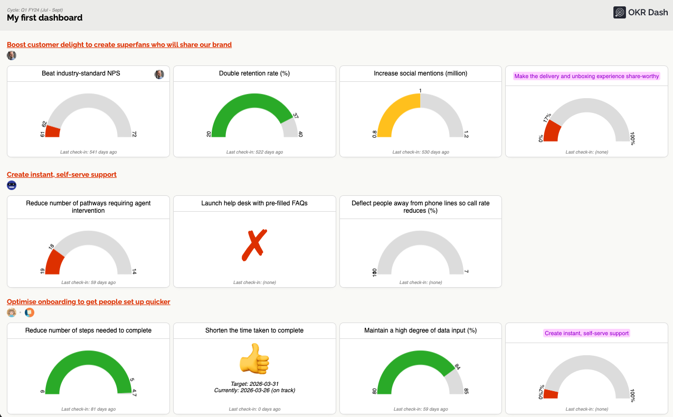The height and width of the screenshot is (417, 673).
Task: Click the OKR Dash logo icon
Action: click(x=619, y=12)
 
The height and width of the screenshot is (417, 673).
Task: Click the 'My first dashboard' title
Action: click(x=44, y=18)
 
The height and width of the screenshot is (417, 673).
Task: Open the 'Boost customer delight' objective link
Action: click(x=119, y=44)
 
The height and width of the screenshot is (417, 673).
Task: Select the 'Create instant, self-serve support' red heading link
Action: click(x=62, y=174)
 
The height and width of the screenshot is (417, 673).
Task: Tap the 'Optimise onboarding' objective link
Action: click(x=89, y=301)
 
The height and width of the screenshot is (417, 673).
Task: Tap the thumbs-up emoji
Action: click(x=254, y=359)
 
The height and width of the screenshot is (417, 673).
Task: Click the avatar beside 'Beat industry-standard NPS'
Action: click(x=159, y=74)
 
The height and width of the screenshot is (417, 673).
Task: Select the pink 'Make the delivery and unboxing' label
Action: click(x=586, y=76)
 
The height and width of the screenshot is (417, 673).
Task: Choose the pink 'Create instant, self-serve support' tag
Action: click(x=586, y=333)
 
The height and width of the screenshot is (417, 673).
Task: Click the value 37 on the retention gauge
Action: click(x=296, y=116)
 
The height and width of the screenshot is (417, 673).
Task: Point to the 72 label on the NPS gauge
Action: click(x=134, y=135)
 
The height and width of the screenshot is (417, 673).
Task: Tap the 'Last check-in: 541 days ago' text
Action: click(x=88, y=152)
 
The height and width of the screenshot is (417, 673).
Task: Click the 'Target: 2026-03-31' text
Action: click(x=254, y=384)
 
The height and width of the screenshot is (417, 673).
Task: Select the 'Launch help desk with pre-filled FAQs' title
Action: click(x=254, y=203)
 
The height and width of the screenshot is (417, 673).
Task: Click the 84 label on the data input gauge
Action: click(x=458, y=366)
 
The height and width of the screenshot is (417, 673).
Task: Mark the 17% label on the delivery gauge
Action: click(x=547, y=118)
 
